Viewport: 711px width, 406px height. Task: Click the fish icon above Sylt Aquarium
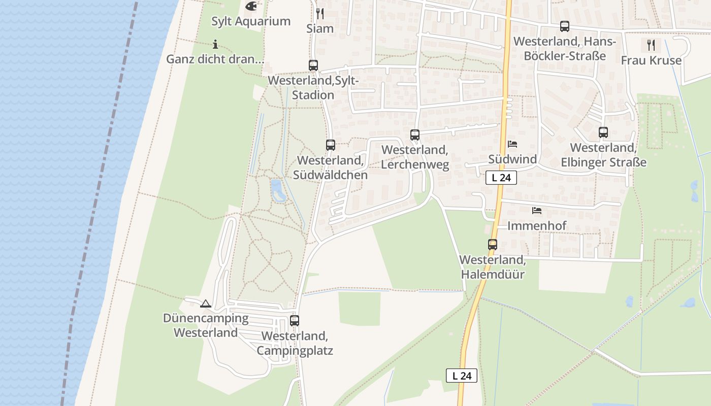[x=251, y=6]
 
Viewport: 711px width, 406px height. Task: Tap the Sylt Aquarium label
[x=251, y=21]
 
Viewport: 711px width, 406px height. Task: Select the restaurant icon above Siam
[x=320, y=13]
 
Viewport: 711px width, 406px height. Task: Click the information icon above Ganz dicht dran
[x=215, y=44]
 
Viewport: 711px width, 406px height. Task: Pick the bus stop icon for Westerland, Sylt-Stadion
[x=313, y=65]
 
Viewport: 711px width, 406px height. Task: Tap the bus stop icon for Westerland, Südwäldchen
[x=331, y=145]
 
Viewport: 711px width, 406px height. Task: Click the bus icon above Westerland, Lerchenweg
[x=415, y=135]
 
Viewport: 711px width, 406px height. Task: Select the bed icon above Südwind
[x=512, y=144]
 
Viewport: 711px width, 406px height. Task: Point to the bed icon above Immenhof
[x=537, y=210]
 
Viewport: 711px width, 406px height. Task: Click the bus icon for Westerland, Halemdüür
[x=492, y=245]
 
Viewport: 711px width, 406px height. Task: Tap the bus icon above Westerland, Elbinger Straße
[x=603, y=132]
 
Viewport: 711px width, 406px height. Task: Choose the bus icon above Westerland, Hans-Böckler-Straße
[x=564, y=26]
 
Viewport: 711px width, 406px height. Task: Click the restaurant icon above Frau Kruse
[x=651, y=45]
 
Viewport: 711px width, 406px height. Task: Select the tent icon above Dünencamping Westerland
[x=205, y=303]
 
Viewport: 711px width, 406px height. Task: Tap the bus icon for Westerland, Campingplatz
[x=295, y=321]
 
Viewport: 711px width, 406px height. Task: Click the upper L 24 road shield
[x=501, y=178]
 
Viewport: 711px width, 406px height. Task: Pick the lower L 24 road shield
[x=462, y=376]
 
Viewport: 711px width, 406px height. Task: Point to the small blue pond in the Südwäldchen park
[x=278, y=190]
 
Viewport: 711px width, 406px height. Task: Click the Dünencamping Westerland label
[x=206, y=325]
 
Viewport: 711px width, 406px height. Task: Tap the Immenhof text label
[x=537, y=225]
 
